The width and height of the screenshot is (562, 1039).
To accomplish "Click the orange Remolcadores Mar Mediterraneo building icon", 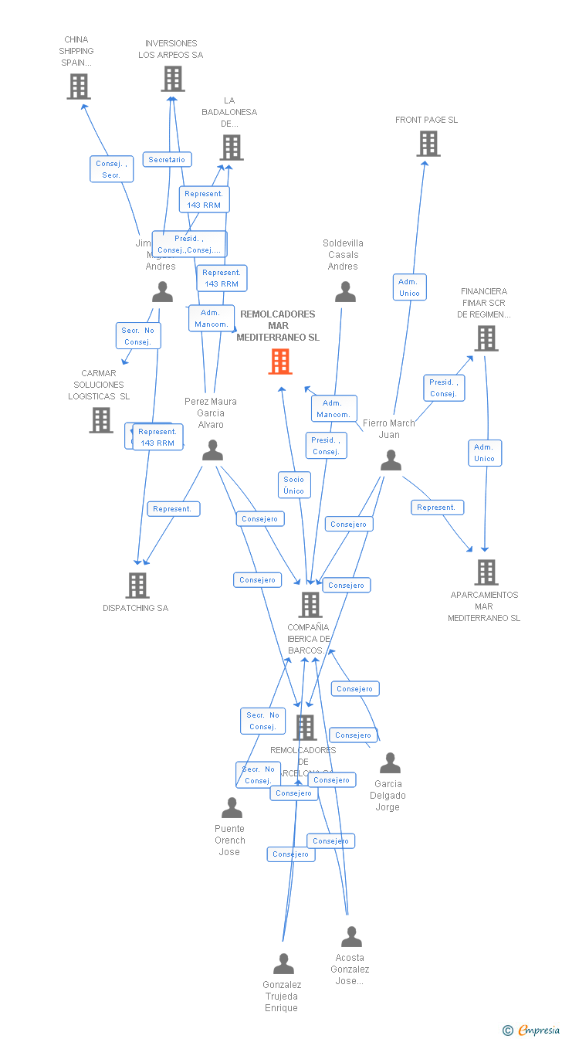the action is (280, 361).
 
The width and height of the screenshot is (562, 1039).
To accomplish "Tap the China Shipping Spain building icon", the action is (79, 87).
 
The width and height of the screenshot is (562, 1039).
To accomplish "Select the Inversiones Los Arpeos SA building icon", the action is (173, 79).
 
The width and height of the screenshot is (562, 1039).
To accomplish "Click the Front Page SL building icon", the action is (428, 144).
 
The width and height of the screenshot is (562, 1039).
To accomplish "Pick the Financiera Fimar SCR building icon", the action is (486, 338).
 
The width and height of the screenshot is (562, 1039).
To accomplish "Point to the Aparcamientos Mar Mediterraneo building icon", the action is (486, 572).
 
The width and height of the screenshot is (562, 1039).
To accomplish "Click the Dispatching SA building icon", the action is (137, 586).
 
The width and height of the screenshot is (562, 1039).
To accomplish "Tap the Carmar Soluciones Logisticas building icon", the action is (101, 420).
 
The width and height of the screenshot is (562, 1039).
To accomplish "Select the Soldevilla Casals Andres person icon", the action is (346, 292).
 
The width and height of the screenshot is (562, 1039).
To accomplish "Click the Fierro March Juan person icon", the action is (391, 460).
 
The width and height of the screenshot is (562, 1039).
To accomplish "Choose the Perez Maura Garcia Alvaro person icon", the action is (212, 450).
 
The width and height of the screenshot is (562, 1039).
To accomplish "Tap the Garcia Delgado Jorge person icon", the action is (391, 763).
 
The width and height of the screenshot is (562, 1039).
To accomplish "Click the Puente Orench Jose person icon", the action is (232, 808).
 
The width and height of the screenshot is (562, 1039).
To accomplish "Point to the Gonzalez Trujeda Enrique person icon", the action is (284, 964).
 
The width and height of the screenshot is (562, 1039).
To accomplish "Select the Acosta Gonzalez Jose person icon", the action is (351, 937).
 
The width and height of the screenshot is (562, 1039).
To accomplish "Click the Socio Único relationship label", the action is (294, 485).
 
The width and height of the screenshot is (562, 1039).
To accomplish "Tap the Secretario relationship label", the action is (167, 159).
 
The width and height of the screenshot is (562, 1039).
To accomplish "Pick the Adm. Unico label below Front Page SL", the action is (409, 287).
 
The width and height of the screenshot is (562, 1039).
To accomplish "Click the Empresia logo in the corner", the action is (532, 1030).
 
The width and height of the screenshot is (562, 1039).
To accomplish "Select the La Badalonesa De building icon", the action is (232, 148).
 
